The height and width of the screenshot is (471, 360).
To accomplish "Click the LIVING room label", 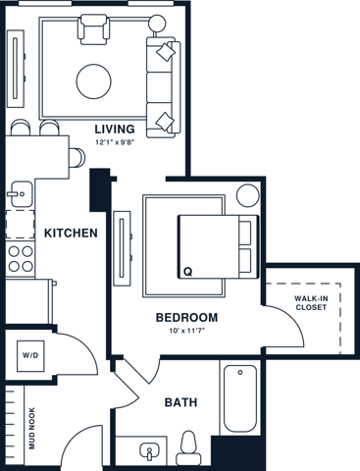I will (x=116, y=129).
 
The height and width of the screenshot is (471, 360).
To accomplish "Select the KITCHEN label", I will (x=71, y=233).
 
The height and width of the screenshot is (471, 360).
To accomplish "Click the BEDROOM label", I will (x=186, y=318).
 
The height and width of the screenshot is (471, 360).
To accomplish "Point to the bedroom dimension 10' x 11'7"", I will (x=186, y=332).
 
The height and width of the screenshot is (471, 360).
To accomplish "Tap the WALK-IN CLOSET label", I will (x=311, y=303).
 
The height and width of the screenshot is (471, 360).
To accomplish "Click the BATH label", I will (x=180, y=402).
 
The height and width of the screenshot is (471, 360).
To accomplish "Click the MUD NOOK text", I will (x=31, y=427).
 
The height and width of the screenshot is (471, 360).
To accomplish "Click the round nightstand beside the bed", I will (x=245, y=194).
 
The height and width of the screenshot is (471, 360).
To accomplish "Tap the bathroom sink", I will (x=147, y=452).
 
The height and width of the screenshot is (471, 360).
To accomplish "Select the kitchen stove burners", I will (x=19, y=260).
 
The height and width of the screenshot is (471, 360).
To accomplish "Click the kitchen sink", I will (x=17, y=194).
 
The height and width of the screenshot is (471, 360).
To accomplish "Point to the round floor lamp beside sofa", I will (x=157, y=21).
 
